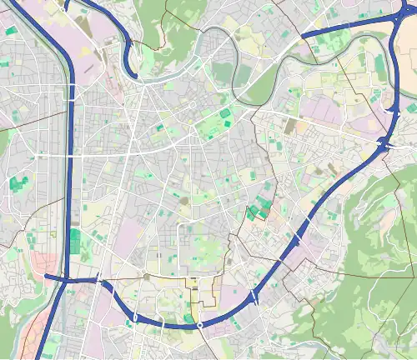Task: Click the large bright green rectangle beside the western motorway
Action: (x=75, y=241)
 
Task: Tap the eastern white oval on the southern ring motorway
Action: (x=200, y=324)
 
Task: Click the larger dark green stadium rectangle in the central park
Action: (x=225, y=112)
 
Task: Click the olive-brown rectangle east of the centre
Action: (x=289, y=126)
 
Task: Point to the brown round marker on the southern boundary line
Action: (x=147, y=275)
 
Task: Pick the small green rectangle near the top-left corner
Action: (x=11, y=31)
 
